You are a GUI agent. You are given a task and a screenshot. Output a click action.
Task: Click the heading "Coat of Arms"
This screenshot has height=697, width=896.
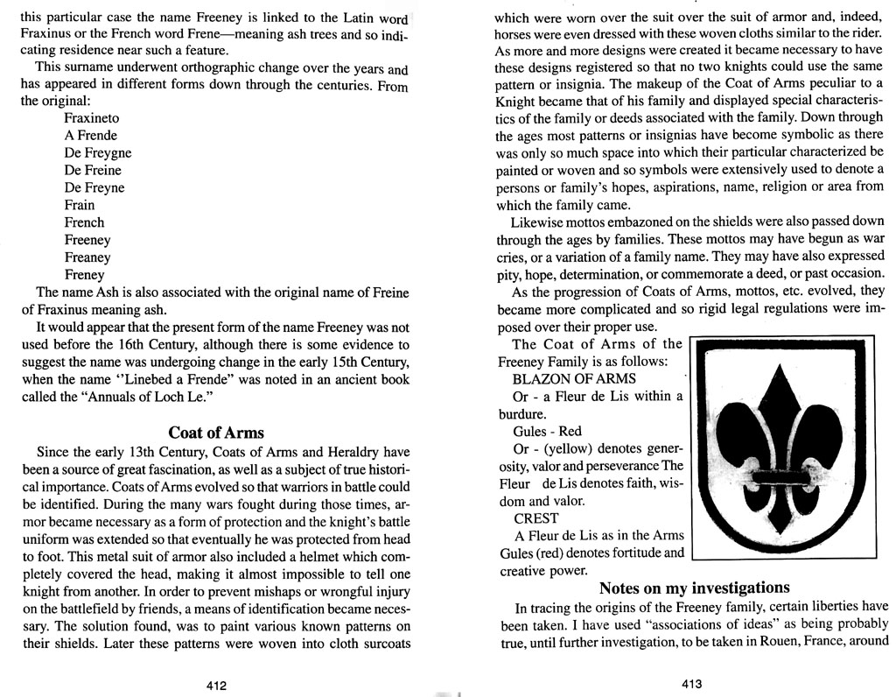[215, 433]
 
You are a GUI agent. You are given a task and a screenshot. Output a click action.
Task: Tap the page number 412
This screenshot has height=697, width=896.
[216, 686]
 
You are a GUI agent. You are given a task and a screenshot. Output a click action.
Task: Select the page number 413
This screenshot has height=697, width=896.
[691, 684]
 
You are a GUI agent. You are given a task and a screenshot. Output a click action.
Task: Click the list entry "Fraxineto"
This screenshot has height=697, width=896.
[92, 117]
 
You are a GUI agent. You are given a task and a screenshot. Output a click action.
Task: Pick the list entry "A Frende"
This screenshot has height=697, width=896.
[90, 135]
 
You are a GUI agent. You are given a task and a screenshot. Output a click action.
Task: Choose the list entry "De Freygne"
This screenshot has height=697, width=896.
[98, 152]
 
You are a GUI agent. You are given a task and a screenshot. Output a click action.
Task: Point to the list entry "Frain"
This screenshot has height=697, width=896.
[80, 205]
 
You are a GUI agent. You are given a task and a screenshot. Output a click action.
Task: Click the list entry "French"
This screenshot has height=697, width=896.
[84, 222]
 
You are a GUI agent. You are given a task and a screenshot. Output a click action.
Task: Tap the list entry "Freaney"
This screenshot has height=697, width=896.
[87, 257]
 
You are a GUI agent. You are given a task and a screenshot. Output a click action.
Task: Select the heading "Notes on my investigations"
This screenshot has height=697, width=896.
[695, 588]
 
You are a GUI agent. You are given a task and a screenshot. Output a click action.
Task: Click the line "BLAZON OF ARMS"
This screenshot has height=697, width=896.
[574, 379]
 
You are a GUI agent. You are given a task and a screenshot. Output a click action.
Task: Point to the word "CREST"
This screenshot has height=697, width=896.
[536, 518]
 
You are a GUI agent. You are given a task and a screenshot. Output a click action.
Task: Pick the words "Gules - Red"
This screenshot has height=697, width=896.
[547, 432]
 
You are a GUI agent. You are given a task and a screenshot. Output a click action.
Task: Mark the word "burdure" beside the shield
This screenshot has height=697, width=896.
[521, 414]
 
